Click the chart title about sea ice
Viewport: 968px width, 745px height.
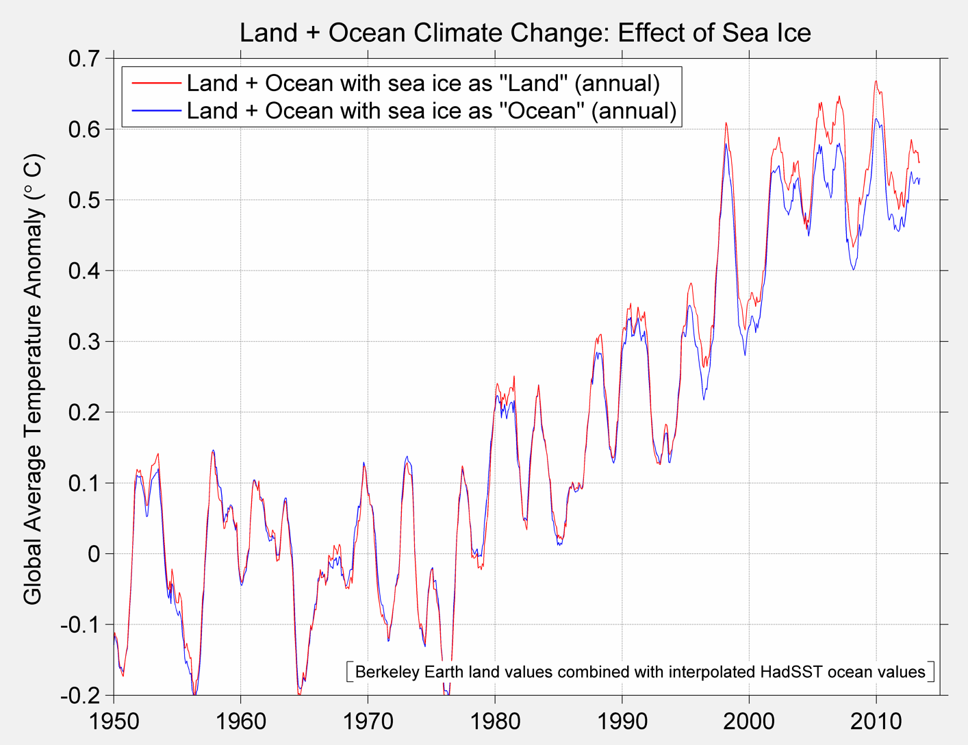(x=525, y=33)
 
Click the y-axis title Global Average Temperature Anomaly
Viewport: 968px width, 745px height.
(x=33, y=379)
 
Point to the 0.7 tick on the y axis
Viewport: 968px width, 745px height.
(x=84, y=59)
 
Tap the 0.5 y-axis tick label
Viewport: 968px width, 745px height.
(x=84, y=201)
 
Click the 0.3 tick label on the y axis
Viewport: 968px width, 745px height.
(x=84, y=342)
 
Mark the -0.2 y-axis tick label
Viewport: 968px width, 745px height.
(x=80, y=696)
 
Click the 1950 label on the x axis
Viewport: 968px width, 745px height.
(x=114, y=721)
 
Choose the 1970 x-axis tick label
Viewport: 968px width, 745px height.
(x=368, y=721)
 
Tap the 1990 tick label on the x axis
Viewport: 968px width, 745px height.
(x=622, y=721)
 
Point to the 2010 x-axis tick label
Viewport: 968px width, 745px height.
(x=876, y=721)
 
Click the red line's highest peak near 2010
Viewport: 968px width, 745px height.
(x=876, y=81)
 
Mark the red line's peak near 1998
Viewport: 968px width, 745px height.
(x=726, y=123)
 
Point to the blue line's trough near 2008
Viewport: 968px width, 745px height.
(x=853, y=270)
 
